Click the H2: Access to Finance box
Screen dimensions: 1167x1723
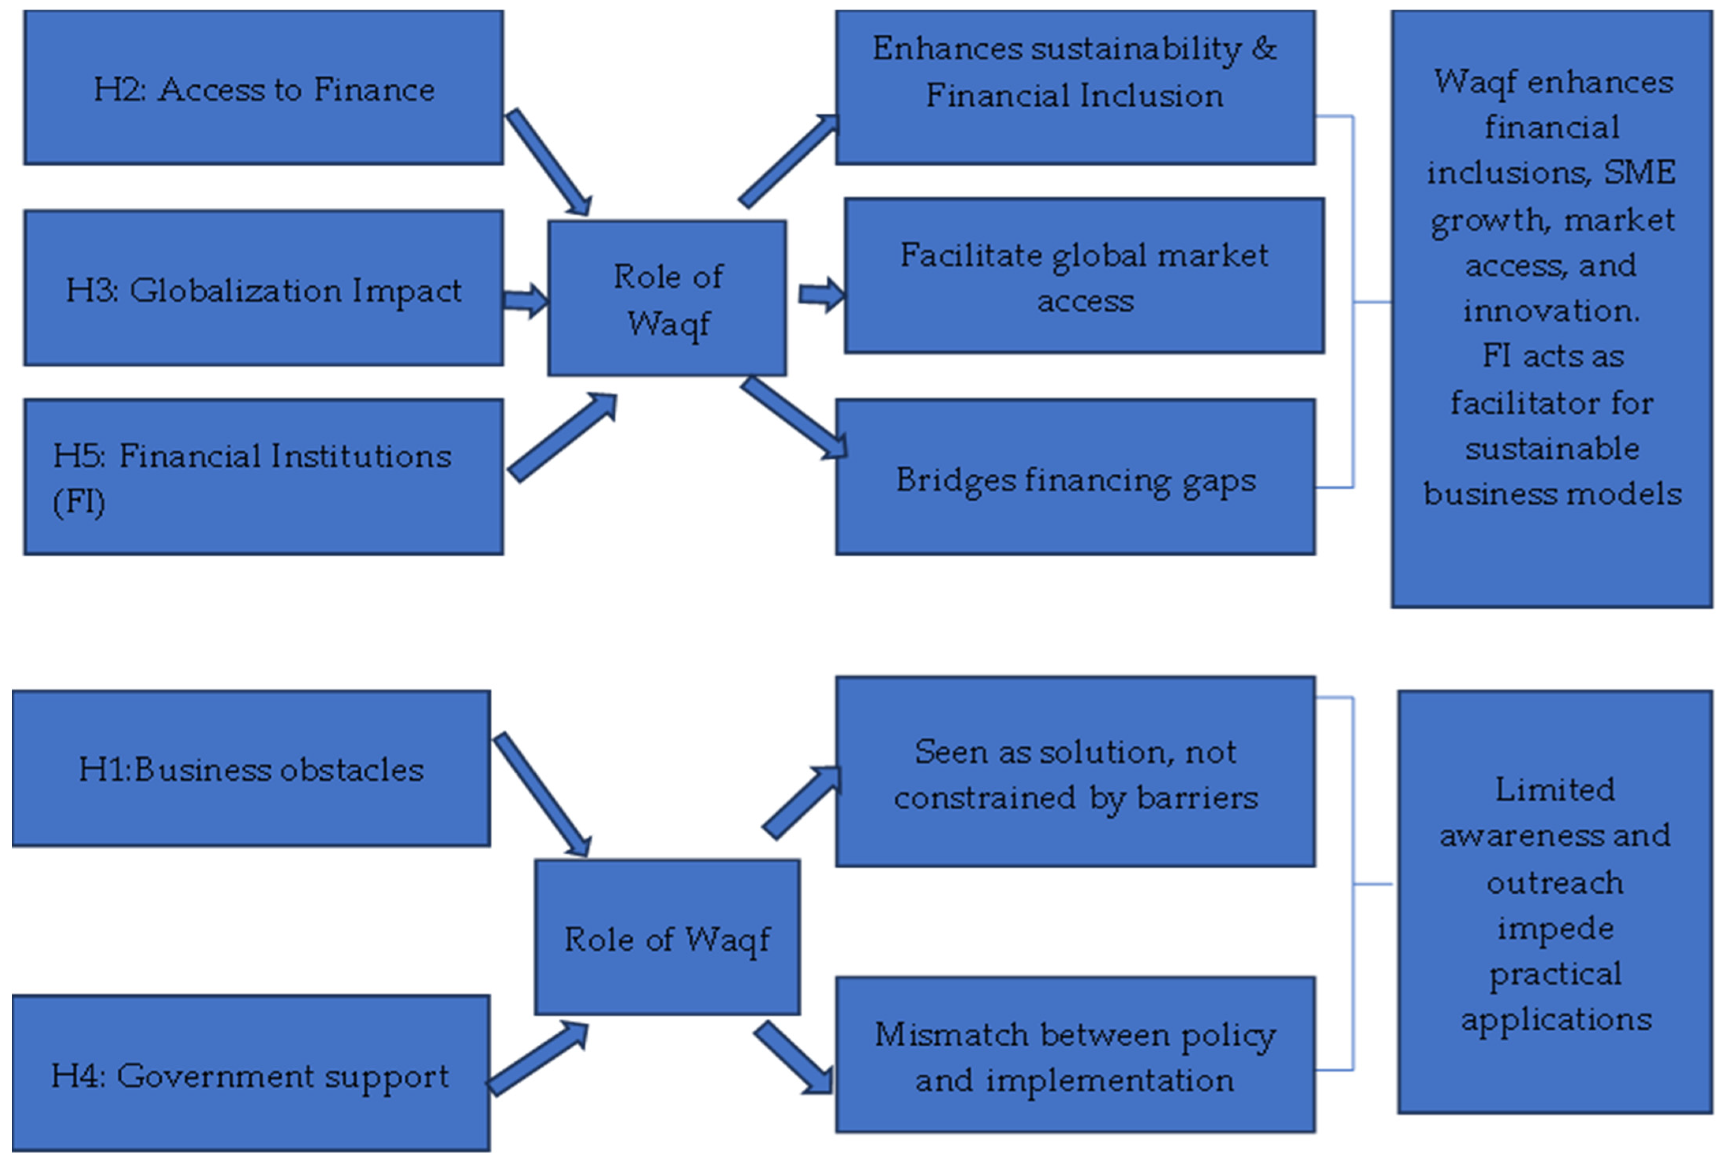(x=263, y=88)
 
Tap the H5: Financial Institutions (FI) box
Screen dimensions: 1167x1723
(x=263, y=477)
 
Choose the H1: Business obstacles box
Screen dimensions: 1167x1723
(x=250, y=769)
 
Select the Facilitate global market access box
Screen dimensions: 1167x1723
(x=1084, y=276)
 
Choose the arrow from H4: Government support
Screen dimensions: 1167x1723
(x=538, y=1059)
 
